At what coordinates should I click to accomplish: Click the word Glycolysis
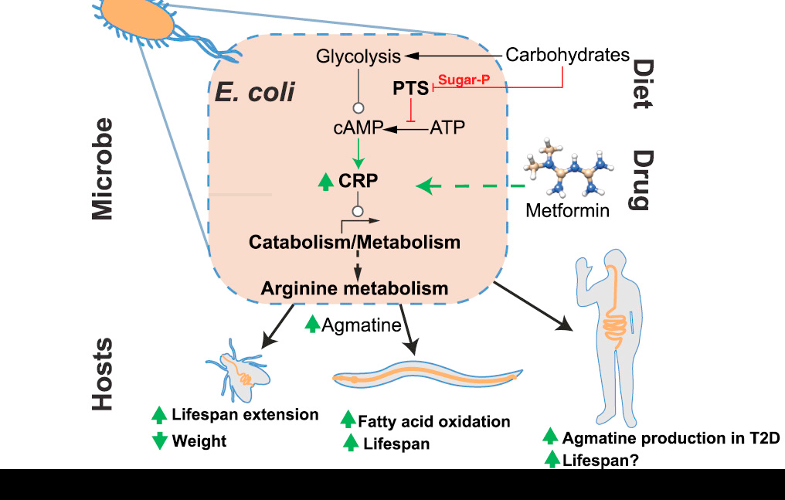point(359,56)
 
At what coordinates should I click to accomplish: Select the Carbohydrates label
point(567,55)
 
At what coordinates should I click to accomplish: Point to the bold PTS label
point(410,89)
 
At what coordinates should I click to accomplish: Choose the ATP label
point(447,128)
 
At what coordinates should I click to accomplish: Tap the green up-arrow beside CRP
point(326,183)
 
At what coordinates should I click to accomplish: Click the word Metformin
point(567,209)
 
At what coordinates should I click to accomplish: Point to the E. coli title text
point(255,92)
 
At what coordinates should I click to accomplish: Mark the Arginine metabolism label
point(355,288)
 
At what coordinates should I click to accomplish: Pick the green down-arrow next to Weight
point(160,441)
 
